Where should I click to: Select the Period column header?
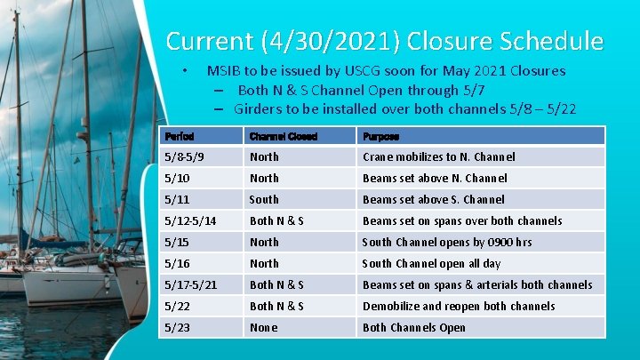pyautogui.click(x=180, y=136)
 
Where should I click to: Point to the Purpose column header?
pyautogui.click(x=381, y=136)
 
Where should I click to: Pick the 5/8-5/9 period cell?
pyautogui.click(x=185, y=157)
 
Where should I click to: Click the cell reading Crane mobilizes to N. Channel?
pyautogui.click(x=438, y=157)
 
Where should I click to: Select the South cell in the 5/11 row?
pyautogui.click(x=264, y=200)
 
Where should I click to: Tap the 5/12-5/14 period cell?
pyautogui.click(x=191, y=221)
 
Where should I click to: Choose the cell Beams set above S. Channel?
pyautogui.click(x=433, y=200)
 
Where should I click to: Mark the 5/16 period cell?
pyautogui.click(x=176, y=264)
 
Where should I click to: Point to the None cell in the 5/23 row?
pyautogui.click(x=264, y=328)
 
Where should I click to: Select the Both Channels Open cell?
pyautogui.click(x=413, y=328)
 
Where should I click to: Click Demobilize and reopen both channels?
pyautogui.click(x=459, y=307)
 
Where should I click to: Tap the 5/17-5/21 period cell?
pyautogui.click(x=191, y=285)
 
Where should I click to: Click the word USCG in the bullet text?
pyautogui.click(x=340, y=71)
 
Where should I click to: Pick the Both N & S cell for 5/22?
pyautogui.click(x=276, y=307)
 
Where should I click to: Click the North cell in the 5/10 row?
pyautogui.click(x=264, y=179)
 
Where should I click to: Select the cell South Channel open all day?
pyautogui.click(x=431, y=264)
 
